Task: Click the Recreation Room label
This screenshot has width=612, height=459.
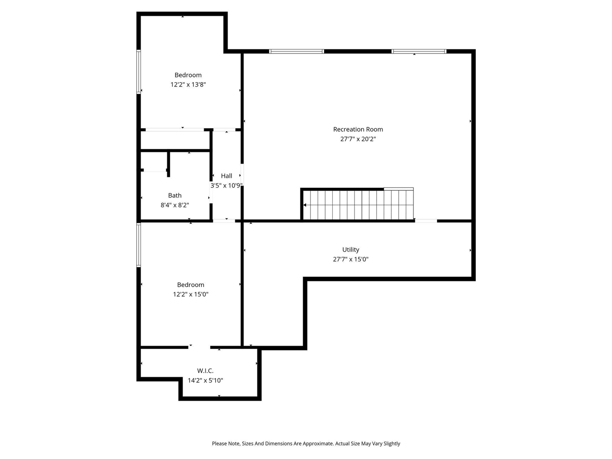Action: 358,129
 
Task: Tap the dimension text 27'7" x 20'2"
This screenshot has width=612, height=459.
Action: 358,139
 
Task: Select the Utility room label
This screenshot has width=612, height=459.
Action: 350,250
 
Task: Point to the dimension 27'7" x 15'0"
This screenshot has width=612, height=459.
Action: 350,260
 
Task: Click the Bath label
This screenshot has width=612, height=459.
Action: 175,195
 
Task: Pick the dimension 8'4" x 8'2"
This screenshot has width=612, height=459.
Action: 175,205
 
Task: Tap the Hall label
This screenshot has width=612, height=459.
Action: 227,176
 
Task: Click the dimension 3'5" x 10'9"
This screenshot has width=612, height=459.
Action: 227,186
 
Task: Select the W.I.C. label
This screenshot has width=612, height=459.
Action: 205,371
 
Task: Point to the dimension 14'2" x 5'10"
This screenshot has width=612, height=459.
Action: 205,381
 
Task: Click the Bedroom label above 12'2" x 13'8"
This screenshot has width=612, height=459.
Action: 188,75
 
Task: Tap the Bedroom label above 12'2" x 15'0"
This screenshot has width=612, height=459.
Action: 190,284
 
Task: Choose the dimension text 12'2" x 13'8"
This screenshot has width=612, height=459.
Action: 188,85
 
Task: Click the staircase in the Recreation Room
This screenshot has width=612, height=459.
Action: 359,205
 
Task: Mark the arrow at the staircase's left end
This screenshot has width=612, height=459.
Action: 306,205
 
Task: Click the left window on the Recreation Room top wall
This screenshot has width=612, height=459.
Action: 296,51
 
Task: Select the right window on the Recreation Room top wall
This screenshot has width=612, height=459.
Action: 419,51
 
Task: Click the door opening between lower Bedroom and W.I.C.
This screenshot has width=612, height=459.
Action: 199,347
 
